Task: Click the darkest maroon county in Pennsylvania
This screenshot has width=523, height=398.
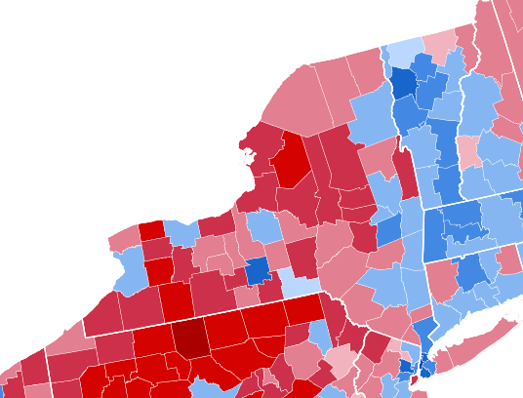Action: (x=190, y=338)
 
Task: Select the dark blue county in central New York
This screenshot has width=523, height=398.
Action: (x=257, y=270)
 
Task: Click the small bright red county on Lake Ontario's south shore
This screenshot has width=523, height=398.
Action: (x=150, y=231)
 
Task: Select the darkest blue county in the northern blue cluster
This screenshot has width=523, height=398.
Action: (x=401, y=84)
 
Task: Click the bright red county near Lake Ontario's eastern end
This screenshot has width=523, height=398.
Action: (x=291, y=158)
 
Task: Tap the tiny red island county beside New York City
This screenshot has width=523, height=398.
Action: (x=411, y=379)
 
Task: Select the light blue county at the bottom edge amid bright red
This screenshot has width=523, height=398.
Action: (x=205, y=388)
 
